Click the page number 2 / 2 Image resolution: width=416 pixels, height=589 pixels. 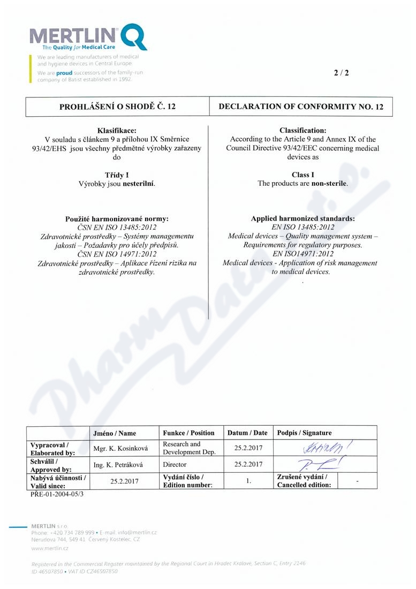[x=341, y=73]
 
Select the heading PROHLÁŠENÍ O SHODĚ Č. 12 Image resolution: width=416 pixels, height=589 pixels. [x=117, y=107]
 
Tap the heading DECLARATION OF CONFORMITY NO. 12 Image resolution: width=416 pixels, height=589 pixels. [x=301, y=107]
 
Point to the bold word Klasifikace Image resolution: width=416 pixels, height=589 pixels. [x=117, y=131]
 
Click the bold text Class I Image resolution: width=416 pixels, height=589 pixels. [x=302, y=175]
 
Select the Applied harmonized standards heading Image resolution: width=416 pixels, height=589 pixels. [x=302, y=219]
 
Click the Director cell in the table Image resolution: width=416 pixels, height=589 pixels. [x=175, y=464]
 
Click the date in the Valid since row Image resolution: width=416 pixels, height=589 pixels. [x=124, y=481]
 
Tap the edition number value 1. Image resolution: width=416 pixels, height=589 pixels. [x=248, y=481]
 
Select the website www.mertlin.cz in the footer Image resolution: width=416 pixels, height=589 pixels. [x=50, y=548]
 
